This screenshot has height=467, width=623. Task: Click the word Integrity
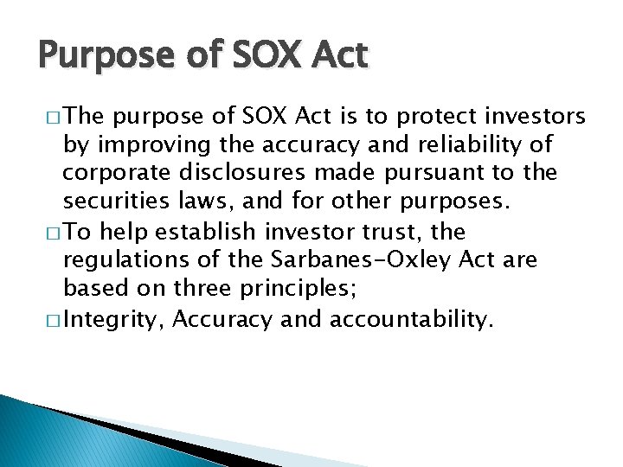[114, 321]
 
